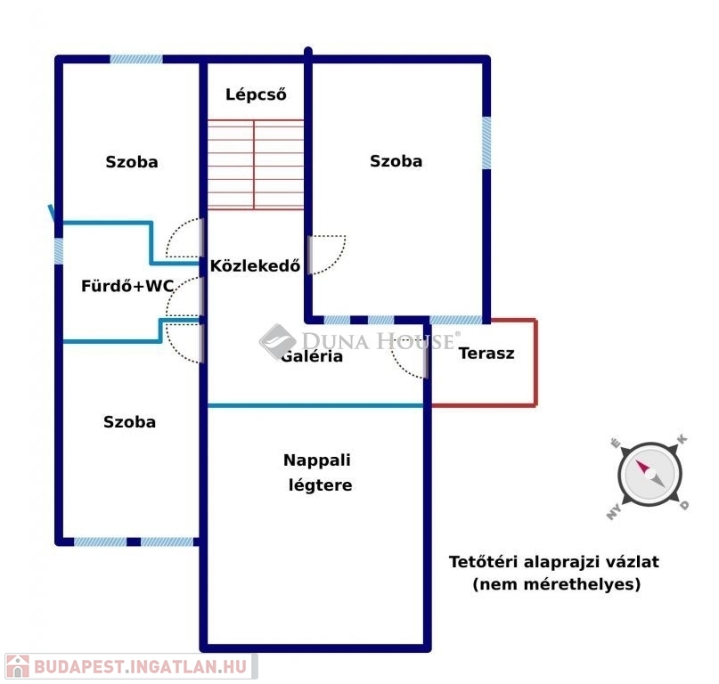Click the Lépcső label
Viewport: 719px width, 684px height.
[256, 94]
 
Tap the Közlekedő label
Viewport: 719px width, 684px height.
[255, 265]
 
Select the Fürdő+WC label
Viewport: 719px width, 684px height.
[127, 286]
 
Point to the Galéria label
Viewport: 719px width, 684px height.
[312, 356]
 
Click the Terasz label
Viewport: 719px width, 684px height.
[486, 354]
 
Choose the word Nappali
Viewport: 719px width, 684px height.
[317, 460]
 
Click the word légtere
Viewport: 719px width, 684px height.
[320, 485]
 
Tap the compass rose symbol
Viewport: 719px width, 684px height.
[650, 475]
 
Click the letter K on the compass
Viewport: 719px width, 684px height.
[682, 439]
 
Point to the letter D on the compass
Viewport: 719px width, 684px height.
[684, 506]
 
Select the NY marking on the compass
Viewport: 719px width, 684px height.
[614, 511]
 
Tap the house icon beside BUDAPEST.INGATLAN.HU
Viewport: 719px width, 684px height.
[18, 666]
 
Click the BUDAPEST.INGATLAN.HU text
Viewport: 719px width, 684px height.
[140, 666]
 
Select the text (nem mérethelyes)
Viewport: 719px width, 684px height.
[556, 584]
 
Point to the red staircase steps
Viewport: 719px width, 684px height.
[256, 165]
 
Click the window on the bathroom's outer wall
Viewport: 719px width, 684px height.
[59, 251]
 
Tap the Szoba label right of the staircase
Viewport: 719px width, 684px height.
[396, 161]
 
